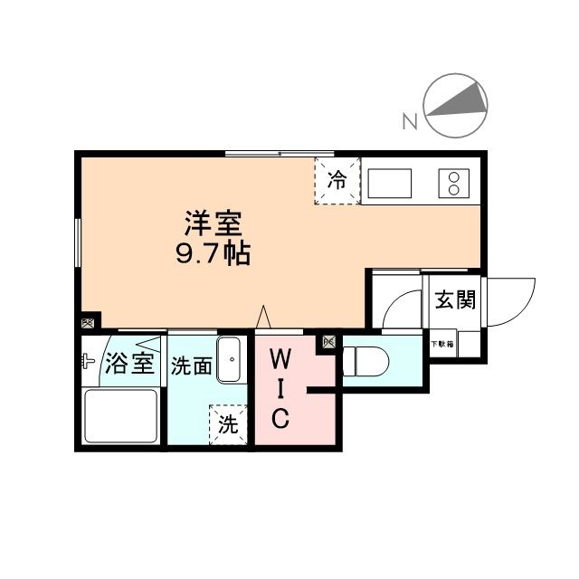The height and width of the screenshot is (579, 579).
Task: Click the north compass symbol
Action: pyautogui.click(x=457, y=105)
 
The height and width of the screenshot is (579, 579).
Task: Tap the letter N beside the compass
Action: pyautogui.click(x=410, y=119)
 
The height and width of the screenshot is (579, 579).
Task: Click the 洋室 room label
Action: pyautogui.click(x=214, y=222)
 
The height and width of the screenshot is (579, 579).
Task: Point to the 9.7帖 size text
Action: pyautogui.click(x=213, y=252)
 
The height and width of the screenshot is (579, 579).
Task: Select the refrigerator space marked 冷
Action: pyautogui.click(x=337, y=181)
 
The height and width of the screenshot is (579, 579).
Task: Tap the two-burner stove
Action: pyautogui.click(x=451, y=183)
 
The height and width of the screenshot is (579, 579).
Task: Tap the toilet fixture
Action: pyautogui.click(x=367, y=361)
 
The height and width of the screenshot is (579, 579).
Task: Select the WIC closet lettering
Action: pyautogui.click(x=281, y=389)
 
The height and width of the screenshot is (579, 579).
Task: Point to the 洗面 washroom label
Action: pyautogui.click(x=192, y=366)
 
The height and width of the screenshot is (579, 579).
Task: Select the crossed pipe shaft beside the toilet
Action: pyautogui.click(x=327, y=342)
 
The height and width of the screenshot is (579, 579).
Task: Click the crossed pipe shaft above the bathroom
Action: pyautogui.click(x=88, y=323)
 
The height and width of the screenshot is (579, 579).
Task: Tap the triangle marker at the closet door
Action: pyautogui.click(x=264, y=318)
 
